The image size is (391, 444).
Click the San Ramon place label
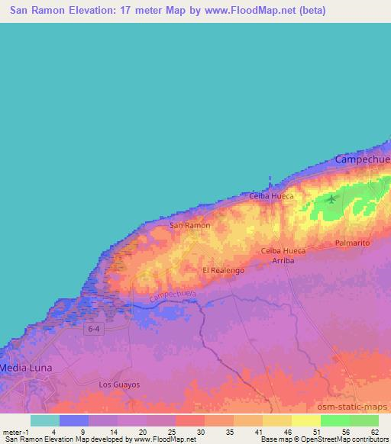click(189, 226)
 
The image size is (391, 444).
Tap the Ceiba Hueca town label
click(271, 196)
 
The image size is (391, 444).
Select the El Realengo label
click(223, 271)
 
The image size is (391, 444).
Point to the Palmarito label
click(352, 243)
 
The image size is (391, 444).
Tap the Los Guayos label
click(120, 384)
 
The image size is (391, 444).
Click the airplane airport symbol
click(331, 200)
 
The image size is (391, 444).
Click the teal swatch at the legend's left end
click(45, 420)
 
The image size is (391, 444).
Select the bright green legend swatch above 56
click(335, 420)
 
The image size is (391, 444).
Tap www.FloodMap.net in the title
click(254, 11)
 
